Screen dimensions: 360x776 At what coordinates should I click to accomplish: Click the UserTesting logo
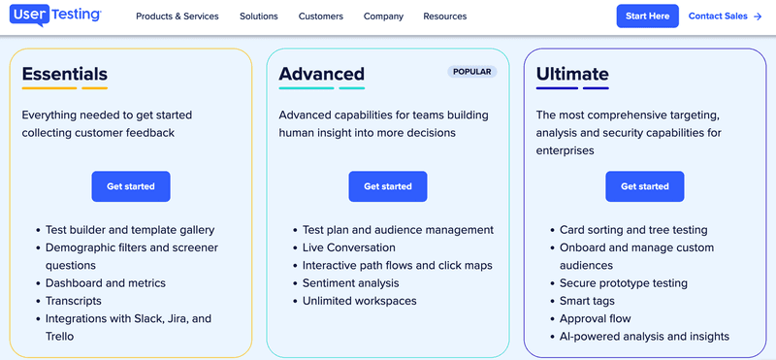[x=57, y=16]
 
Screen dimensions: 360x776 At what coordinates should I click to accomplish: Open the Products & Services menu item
[x=177, y=16]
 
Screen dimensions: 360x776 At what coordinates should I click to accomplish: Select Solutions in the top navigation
[x=259, y=16]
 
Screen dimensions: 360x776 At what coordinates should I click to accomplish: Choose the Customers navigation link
[x=320, y=16]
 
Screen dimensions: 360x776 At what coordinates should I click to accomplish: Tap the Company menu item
[x=383, y=16]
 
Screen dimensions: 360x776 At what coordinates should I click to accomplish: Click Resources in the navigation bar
[x=444, y=16]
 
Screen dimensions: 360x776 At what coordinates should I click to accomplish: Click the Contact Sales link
[x=725, y=16]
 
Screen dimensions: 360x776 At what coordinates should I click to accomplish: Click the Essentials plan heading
[x=65, y=74]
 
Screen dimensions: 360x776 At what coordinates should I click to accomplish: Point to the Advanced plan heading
[x=322, y=74]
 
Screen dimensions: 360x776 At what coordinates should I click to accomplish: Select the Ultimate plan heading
[x=572, y=74]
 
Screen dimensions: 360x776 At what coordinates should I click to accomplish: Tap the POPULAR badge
[x=472, y=72]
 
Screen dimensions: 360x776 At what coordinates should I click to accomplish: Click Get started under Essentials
[x=131, y=186]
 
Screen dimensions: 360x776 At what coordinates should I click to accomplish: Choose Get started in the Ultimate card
[x=645, y=186]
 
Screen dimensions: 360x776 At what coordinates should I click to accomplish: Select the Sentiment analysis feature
[x=350, y=283]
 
